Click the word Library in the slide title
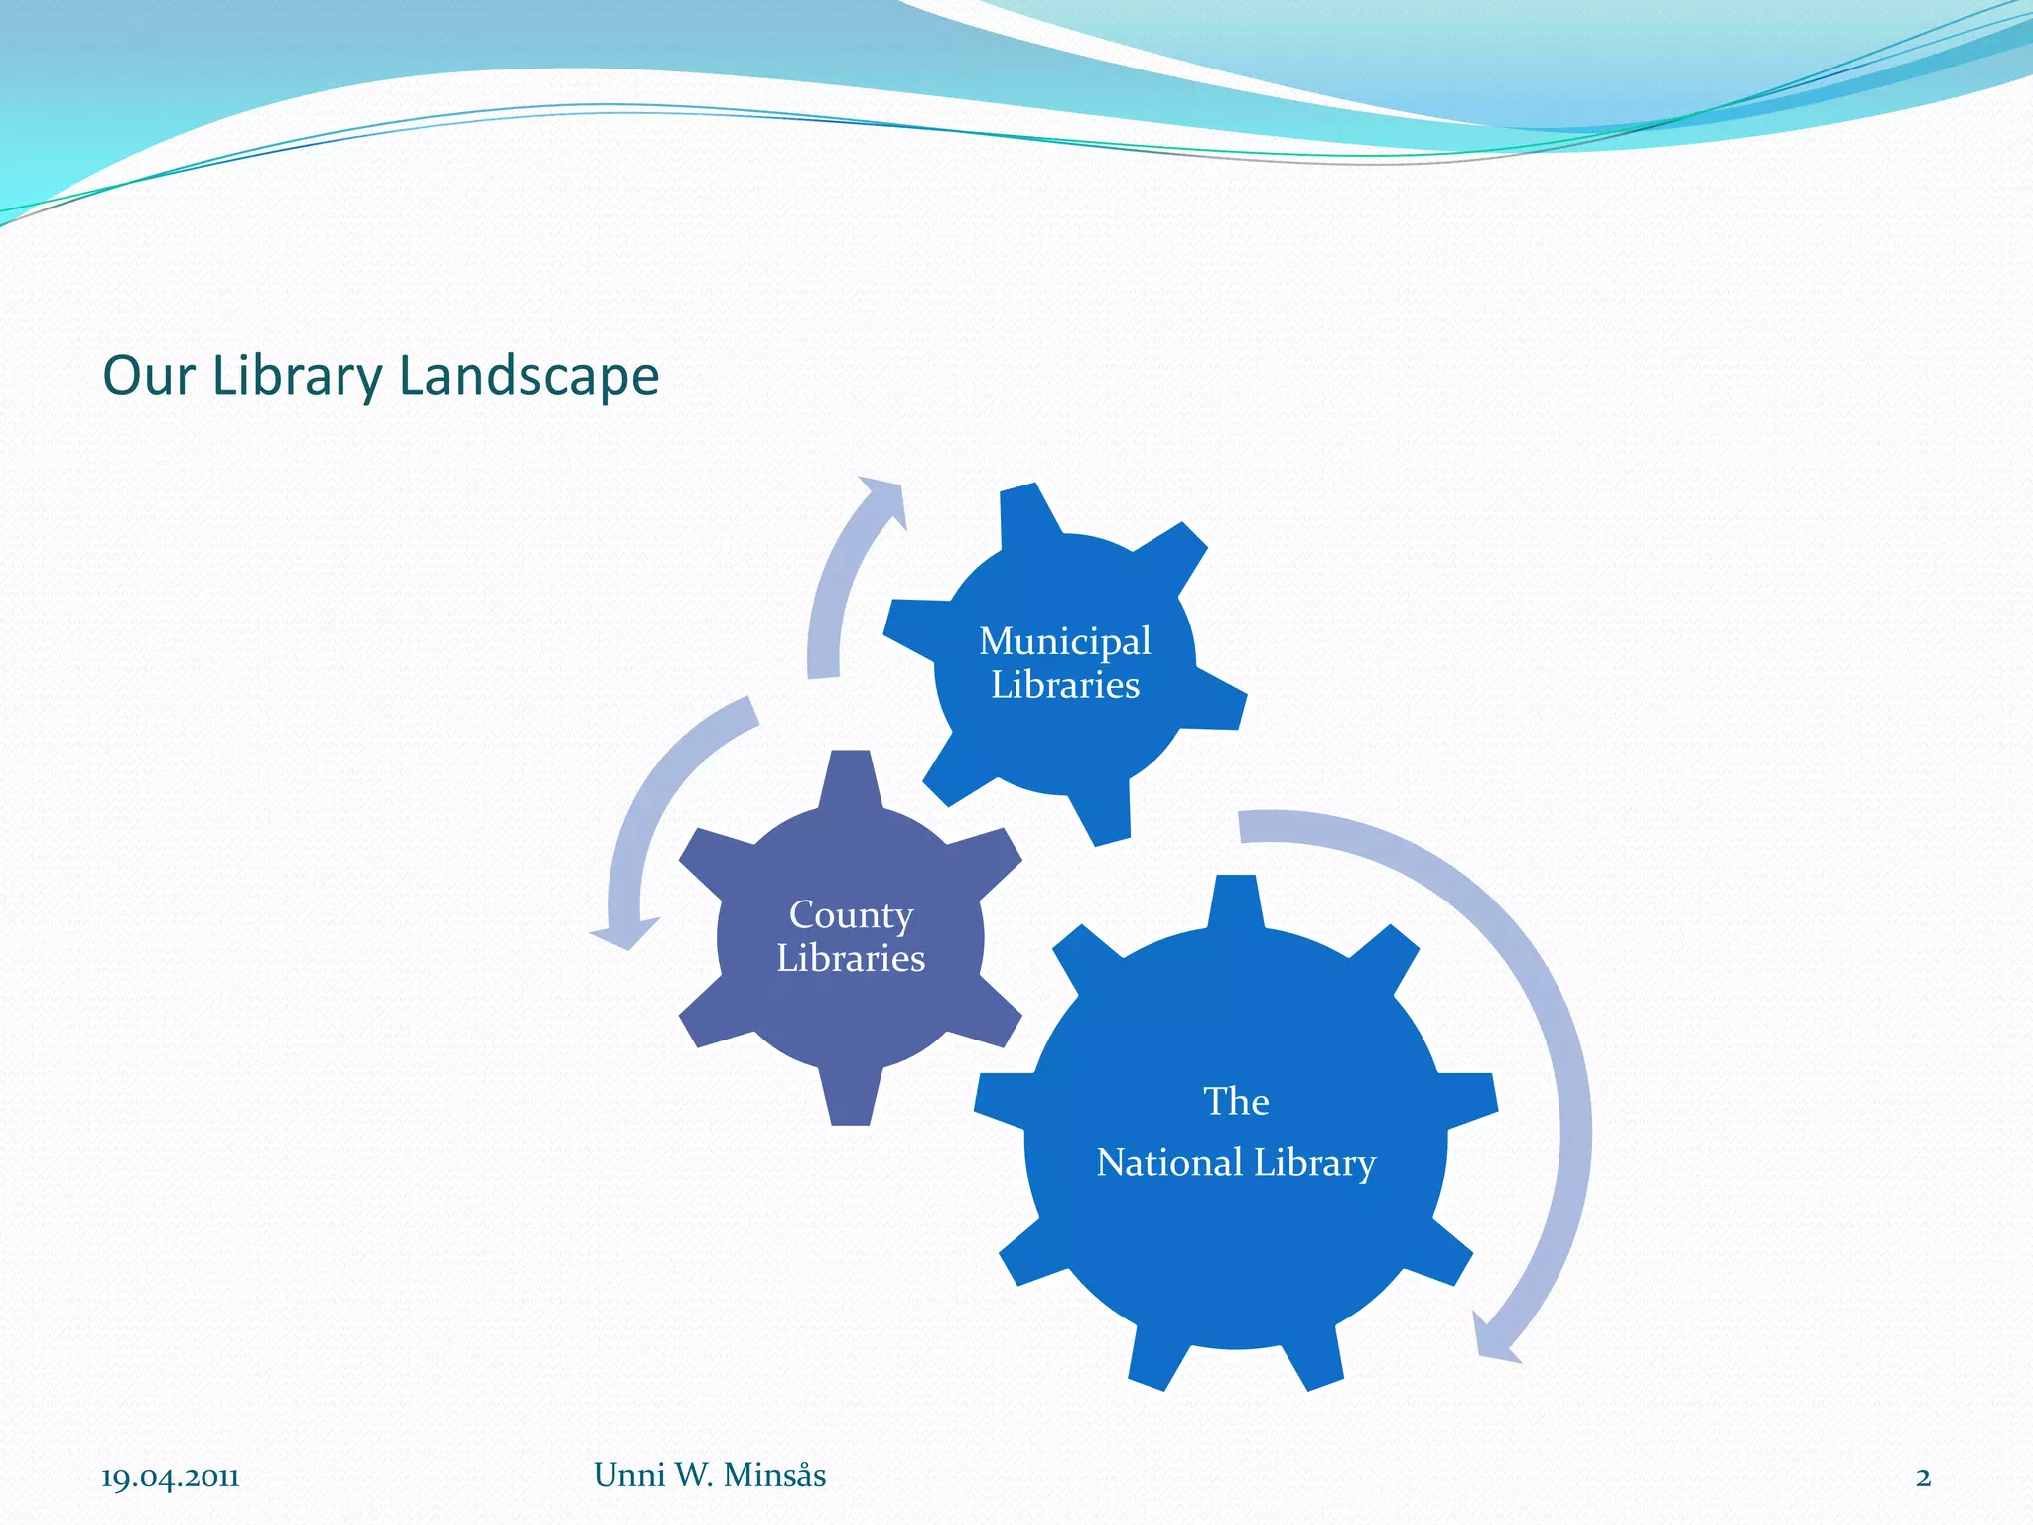pos(297,377)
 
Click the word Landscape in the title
pos(528,377)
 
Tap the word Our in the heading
pos(148,377)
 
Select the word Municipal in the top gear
pos(1065,642)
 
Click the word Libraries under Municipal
pos(1065,685)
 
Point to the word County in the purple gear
pos(851,915)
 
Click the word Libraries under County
pos(851,958)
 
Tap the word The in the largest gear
pos(1236,1102)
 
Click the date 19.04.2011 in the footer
pos(171,1478)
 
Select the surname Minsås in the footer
pos(774,1475)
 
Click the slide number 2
pos(1923,1478)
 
